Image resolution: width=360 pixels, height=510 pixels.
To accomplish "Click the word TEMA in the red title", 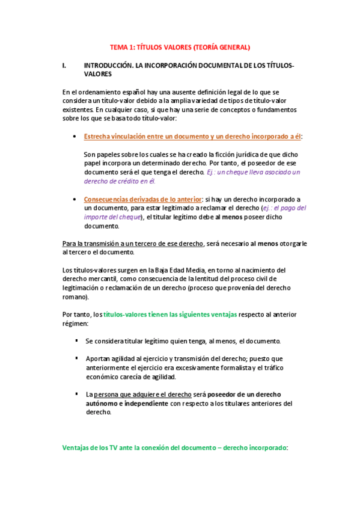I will click(118, 46).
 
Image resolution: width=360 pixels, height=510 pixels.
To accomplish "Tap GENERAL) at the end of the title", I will click(236, 46).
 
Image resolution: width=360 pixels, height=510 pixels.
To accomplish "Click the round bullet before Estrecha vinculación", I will click(74, 137).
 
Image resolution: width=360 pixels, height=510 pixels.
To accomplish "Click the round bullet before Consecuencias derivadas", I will click(74, 199).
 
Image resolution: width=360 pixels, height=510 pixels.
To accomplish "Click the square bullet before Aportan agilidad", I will click(77, 358).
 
